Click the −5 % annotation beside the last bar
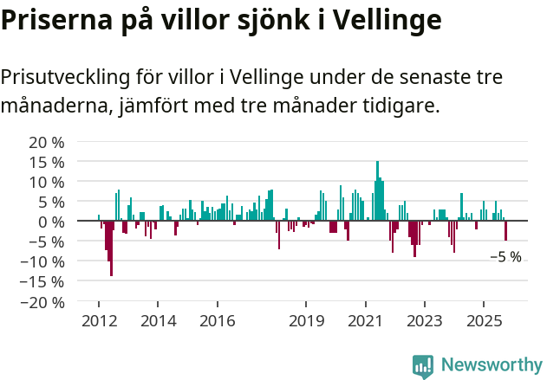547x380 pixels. pyautogui.click(x=505, y=257)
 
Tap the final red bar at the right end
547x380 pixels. pyautogui.click(x=505, y=231)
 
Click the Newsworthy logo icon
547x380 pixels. pyautogui.click(x=423, y=365)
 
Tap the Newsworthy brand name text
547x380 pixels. pyautogui.click(x=491, y=365)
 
